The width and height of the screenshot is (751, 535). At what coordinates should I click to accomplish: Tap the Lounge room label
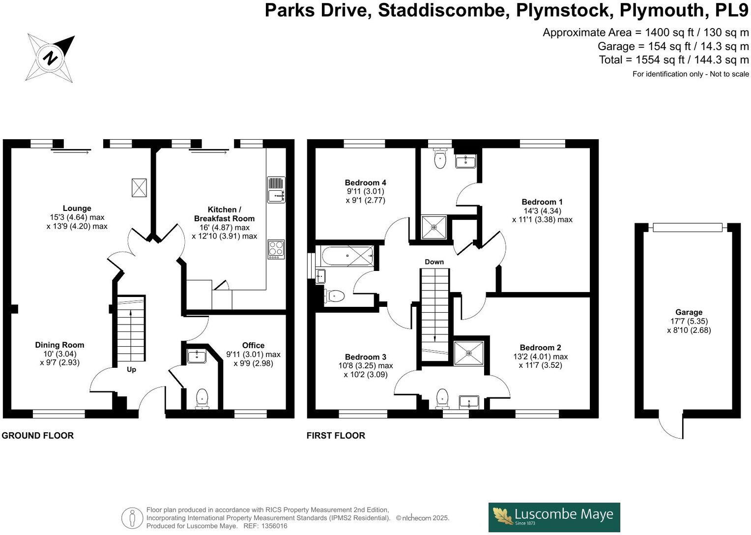77,208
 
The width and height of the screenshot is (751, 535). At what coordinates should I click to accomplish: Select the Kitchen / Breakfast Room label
224,214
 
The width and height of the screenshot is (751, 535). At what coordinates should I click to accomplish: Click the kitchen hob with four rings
276,249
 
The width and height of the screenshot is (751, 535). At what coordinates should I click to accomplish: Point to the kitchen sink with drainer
276,190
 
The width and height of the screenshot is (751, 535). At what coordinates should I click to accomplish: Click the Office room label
253,346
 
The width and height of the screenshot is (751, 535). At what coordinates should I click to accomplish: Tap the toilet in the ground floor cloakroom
202,398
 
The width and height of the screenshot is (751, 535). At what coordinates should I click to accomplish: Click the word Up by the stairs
131,369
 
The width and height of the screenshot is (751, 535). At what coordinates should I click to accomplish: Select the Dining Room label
59,345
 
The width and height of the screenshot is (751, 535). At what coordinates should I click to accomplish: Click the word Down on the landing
434,262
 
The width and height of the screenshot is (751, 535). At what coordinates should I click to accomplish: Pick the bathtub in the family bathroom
347,256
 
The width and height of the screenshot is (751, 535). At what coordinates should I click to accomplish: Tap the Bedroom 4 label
365,183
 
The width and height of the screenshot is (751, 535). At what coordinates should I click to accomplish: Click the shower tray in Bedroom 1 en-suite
434,227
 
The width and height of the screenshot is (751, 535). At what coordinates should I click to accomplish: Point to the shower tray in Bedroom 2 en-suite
468,353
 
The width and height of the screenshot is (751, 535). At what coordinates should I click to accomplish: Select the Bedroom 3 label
365,357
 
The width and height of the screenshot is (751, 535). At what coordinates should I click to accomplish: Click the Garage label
689,312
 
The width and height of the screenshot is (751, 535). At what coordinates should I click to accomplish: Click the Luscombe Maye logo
554,517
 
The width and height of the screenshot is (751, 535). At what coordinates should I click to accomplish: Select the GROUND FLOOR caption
38,436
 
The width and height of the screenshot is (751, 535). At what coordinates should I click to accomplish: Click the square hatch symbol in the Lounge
139,187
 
